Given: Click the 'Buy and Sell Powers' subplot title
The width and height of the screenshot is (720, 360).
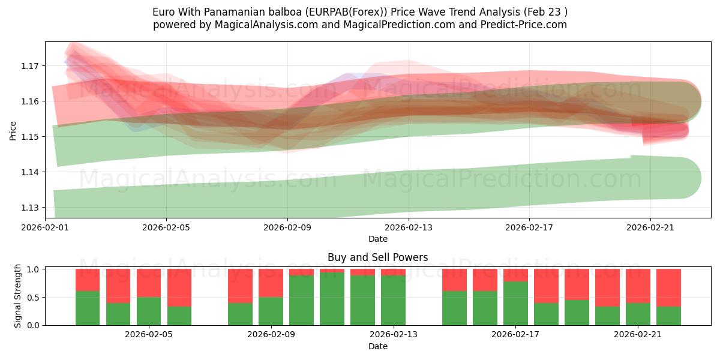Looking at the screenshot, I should (x=377, y=257).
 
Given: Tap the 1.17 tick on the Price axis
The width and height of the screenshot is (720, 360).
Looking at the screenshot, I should (x=30, y=66).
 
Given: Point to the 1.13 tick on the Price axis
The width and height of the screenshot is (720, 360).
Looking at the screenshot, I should (x=30, y=208).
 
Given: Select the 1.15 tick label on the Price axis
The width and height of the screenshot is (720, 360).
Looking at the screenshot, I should (x=30, y=137).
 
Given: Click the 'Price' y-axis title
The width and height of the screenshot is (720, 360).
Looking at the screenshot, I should (x=13, y=130).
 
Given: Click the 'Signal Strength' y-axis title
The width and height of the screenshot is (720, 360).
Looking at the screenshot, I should (x=18, y=296).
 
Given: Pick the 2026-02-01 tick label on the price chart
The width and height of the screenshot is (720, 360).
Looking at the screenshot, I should (x=45, y=227).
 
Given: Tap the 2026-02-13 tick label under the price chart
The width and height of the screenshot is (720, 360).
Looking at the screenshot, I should (x=408, y=227).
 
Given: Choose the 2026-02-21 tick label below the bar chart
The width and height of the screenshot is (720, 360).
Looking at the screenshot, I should (x=637, y=335).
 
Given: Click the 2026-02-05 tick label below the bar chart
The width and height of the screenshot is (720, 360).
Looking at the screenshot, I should (x=149, y=335).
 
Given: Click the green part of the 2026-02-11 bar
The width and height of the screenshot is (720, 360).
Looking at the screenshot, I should (x=332, y=299).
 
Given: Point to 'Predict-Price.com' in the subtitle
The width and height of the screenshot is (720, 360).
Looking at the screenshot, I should (x=521, y=25).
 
